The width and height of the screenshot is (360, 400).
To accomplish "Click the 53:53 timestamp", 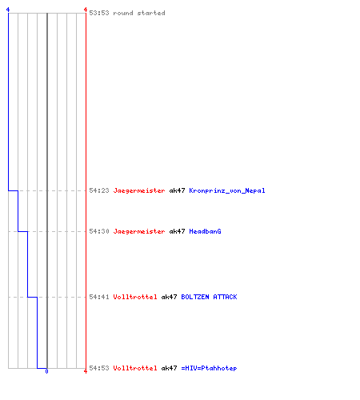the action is coord(99,13).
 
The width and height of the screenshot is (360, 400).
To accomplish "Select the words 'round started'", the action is coord(139,13).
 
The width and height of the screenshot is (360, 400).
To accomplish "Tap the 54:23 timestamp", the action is coord(99,190).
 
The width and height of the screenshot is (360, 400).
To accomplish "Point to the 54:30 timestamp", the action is coord(99,231).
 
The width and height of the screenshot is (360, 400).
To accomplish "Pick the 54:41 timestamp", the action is coord(99,297).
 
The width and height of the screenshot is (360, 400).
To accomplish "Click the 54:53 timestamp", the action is coord(99,368).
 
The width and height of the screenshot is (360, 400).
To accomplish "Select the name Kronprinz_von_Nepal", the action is coord(227,190).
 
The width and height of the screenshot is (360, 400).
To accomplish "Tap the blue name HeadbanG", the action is coord(205,231).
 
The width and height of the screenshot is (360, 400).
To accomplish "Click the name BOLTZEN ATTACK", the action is coord(209,297).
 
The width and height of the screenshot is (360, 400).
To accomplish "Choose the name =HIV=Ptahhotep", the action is coord(209,368).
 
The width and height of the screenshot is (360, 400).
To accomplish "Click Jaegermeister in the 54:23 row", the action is coord(139,191).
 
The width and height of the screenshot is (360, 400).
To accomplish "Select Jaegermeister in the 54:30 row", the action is coord(139,232).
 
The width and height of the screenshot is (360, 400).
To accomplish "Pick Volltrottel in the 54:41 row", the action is coord(135,297).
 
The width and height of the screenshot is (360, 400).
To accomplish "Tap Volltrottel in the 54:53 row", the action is coord(135,368).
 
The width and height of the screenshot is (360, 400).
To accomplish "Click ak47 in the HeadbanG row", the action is coord(177,231).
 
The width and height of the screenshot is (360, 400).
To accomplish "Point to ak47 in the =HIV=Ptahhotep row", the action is coord(169,368).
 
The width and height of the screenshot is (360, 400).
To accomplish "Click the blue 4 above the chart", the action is coord(8,10).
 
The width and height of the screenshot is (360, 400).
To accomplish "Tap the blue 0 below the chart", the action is coord(46,371).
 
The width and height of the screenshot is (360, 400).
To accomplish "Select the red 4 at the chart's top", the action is coord(86,10).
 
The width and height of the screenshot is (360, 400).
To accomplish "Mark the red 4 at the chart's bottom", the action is coord(86,371).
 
